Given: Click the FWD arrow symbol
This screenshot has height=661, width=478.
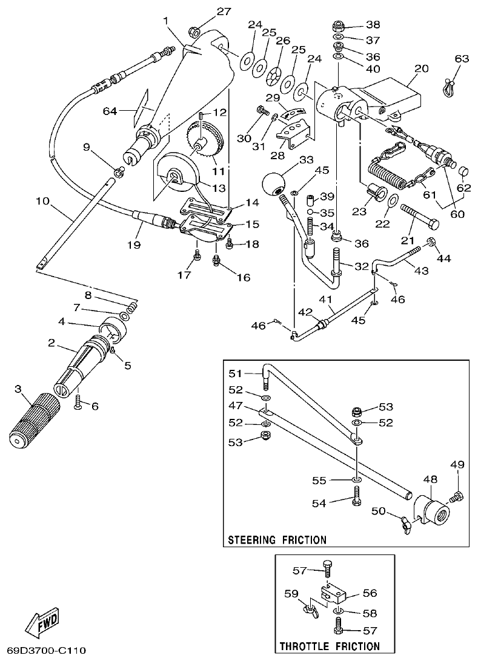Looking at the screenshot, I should click(42, 622).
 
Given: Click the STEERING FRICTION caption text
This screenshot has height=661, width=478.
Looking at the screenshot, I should click(277, 539).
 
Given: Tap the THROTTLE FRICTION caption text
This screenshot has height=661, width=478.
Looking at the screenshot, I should click(330, 646).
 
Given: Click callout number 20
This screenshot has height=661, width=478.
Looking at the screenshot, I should click(422, 68).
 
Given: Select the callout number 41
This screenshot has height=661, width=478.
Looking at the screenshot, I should click(327, 299).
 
